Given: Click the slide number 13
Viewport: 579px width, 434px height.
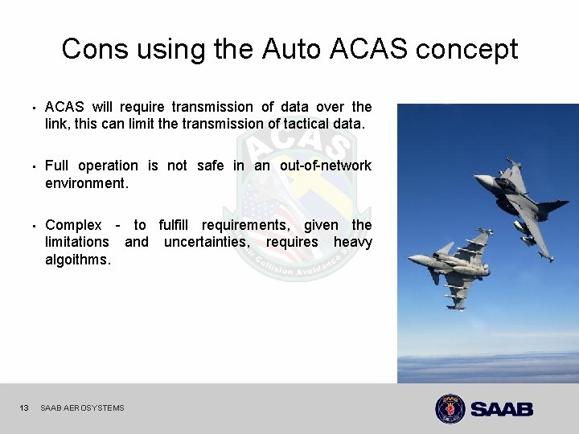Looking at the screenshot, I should tap(24, 408).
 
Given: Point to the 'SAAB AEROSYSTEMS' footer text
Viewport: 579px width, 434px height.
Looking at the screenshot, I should tap(82, 408).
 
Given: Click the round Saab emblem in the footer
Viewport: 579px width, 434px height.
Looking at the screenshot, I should tap(450, 408).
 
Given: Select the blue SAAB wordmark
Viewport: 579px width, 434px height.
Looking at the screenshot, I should tap(502, 409).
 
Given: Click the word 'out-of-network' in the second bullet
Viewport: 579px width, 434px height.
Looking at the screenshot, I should tap(326, 166).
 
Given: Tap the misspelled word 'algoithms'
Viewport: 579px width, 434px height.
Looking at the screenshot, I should tap(78, 260).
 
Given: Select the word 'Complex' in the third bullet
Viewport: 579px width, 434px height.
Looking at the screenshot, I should tap(73, 225).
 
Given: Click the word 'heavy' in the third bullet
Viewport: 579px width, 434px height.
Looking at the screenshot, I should tap(353, 242).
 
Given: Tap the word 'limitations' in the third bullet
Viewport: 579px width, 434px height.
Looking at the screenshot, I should tap(76, 242).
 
